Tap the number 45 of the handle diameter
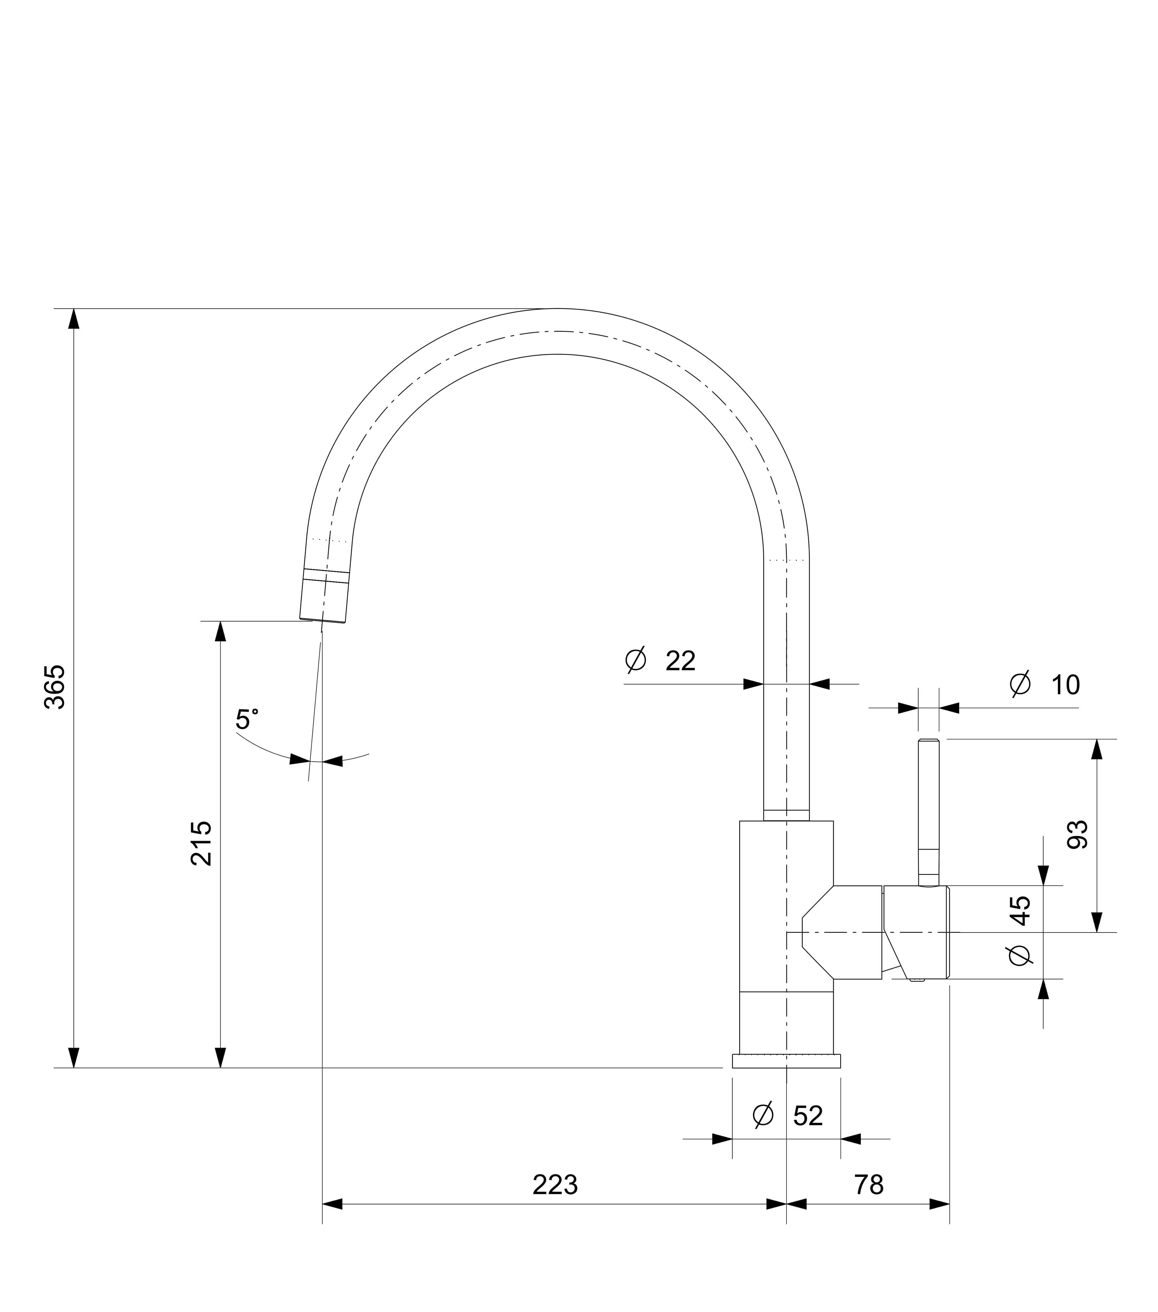(1021, 910)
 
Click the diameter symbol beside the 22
(636, 661)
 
